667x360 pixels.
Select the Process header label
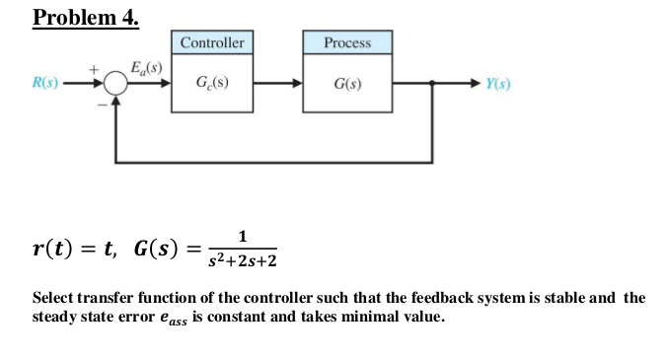347,42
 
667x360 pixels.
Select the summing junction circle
116,85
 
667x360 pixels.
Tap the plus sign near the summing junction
95,70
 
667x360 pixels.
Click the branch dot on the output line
430,85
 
